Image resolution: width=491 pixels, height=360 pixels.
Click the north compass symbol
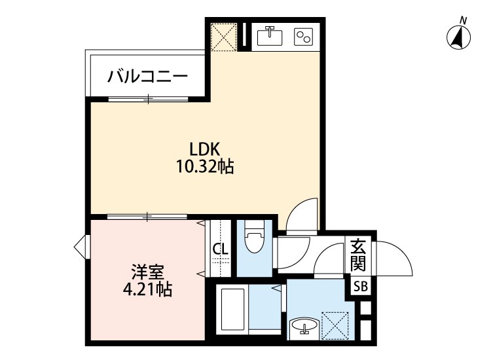460,37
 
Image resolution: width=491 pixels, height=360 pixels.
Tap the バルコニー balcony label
148,77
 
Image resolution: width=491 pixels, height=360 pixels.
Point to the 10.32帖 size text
204,168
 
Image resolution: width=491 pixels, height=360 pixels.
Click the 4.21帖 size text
147,289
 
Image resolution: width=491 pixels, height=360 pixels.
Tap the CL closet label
221,249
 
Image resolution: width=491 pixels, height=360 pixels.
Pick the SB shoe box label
361,286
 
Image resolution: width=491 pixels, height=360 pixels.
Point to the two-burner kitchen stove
304,36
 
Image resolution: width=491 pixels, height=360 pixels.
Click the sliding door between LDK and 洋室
149,215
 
